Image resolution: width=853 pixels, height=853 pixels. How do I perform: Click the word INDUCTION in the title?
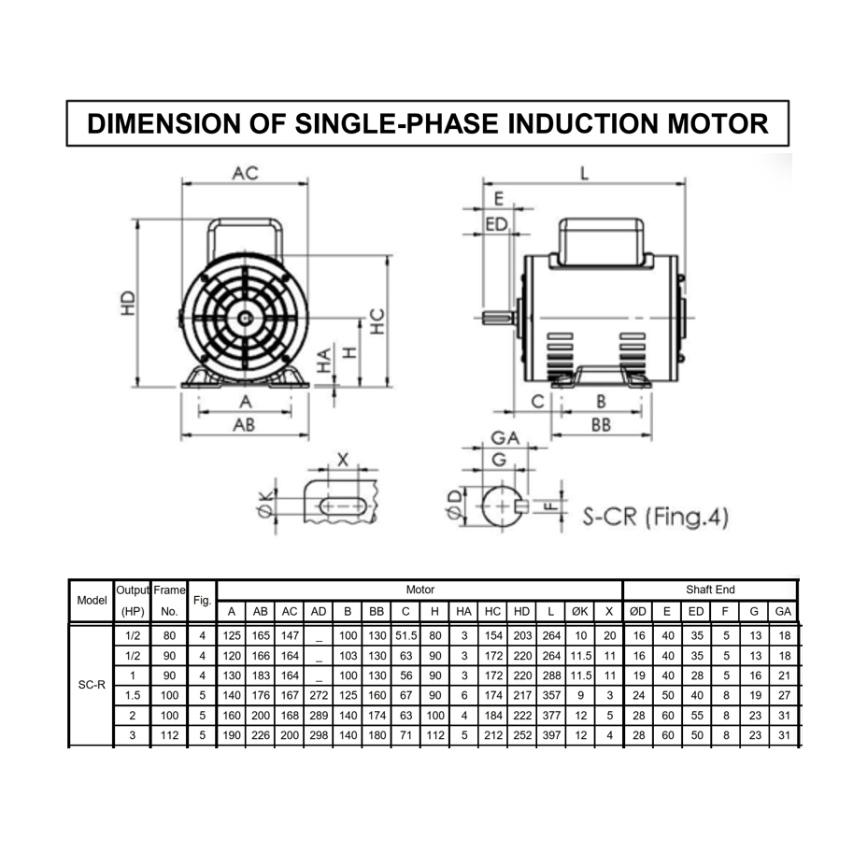pos(582,123)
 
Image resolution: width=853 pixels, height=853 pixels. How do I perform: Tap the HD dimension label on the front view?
pos(127,303)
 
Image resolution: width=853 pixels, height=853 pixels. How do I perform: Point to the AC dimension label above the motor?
pos(245,173)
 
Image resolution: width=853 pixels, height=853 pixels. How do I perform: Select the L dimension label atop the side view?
pos(584,173)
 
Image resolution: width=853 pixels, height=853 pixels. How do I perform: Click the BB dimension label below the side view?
pos(601,425)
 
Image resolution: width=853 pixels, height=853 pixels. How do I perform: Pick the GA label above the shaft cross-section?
pos(505,437)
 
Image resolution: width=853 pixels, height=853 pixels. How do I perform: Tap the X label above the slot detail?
pos(343,461)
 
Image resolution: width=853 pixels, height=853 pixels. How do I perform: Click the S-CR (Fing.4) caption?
pos(656,517)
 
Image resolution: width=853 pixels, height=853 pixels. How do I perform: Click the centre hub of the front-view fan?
pos(246,318)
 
